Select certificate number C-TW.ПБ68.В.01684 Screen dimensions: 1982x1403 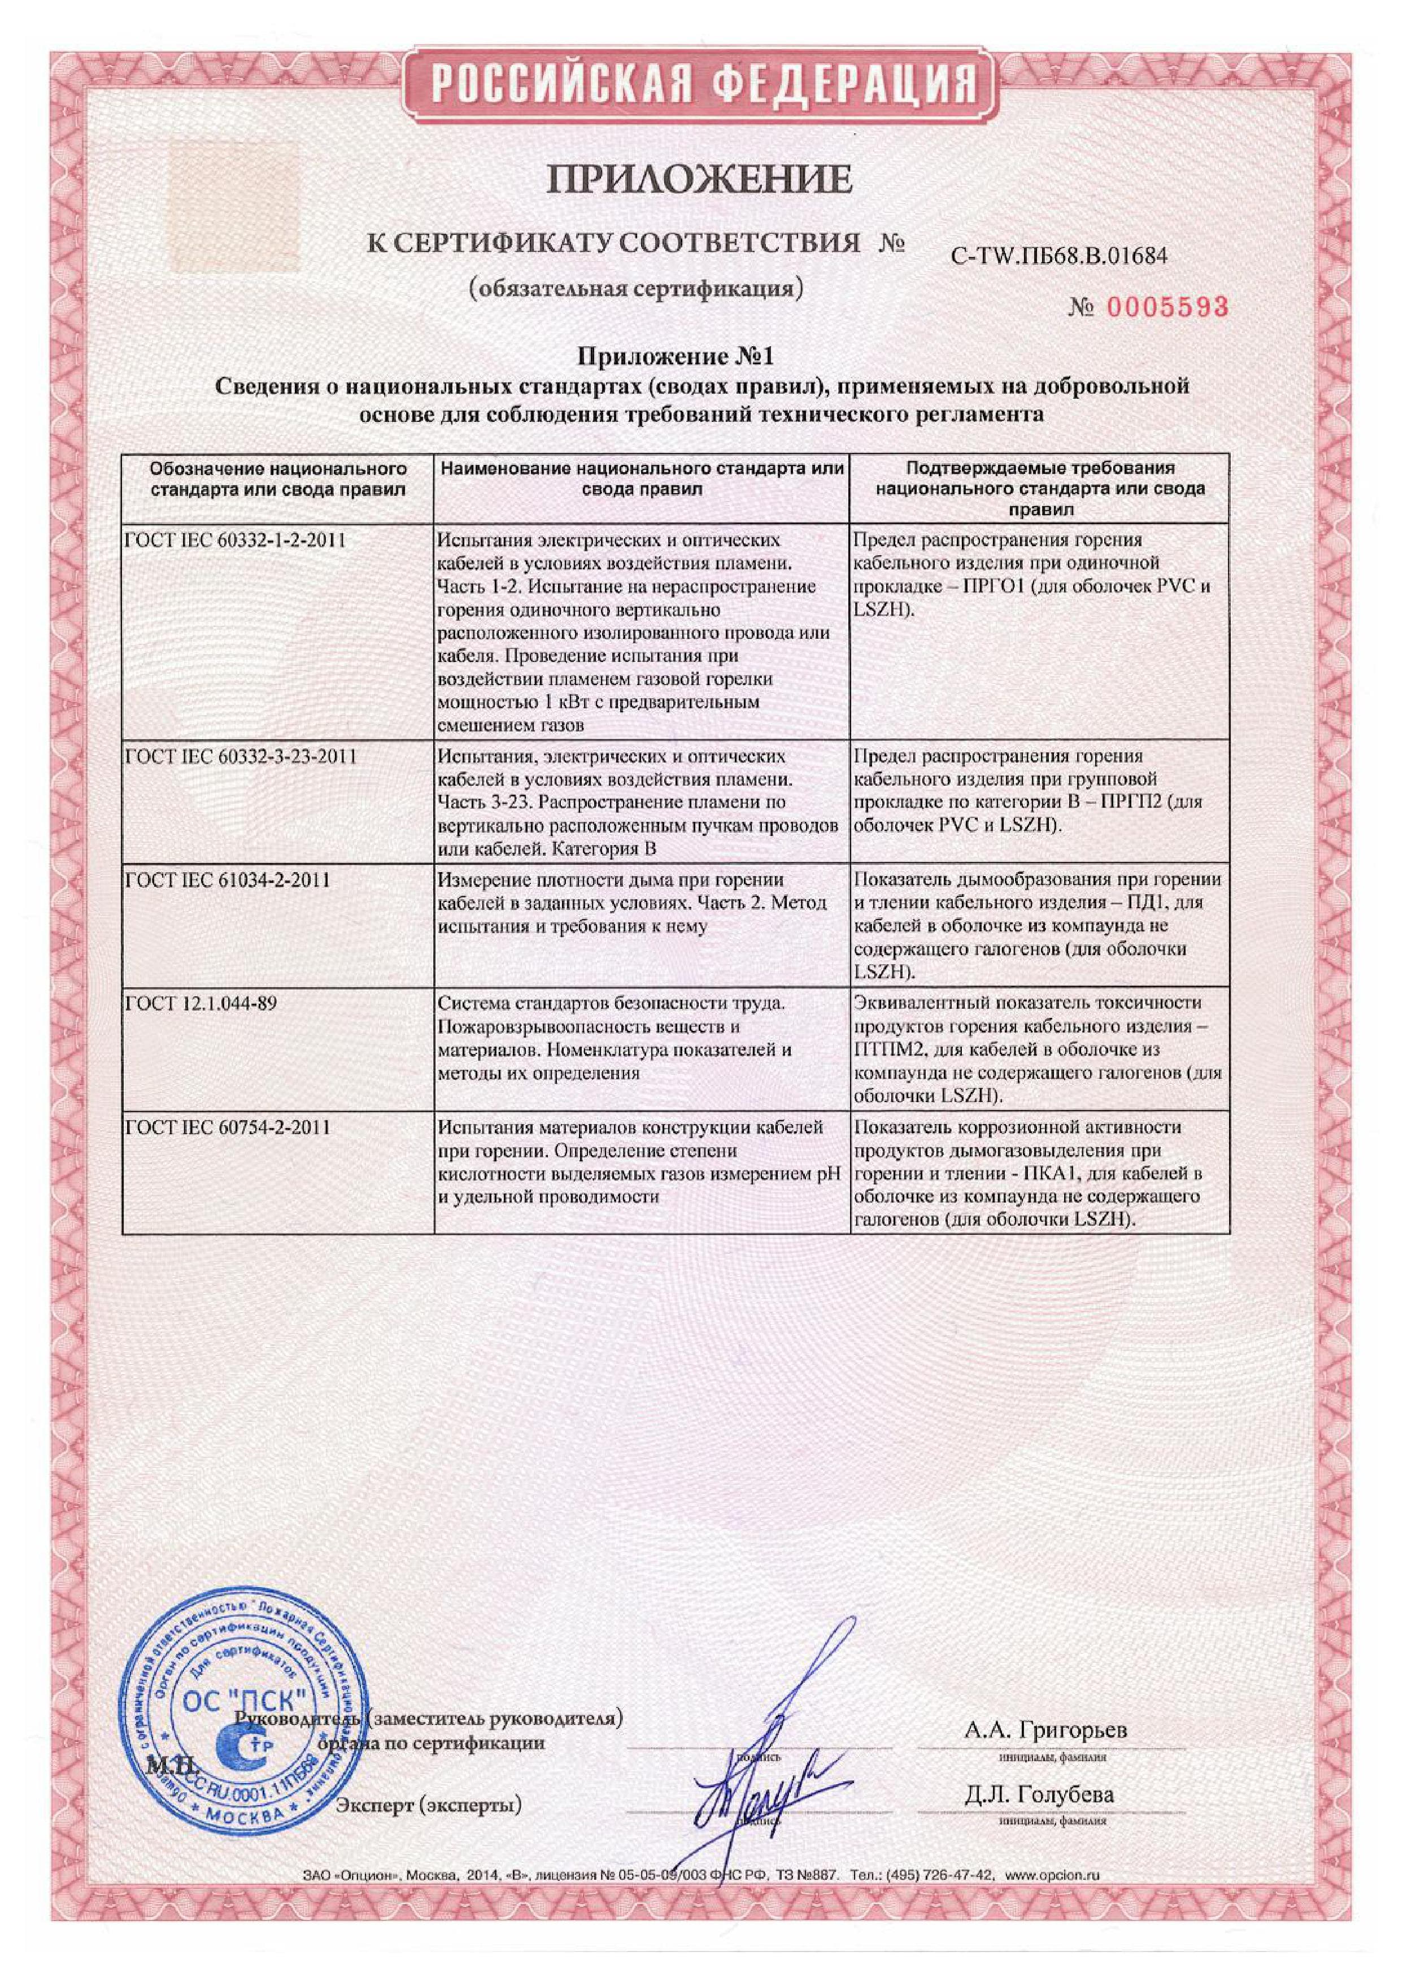1058,256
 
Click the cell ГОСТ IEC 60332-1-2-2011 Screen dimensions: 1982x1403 236,541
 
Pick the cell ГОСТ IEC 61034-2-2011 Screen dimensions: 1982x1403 228,881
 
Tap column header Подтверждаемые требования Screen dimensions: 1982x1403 1040,488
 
